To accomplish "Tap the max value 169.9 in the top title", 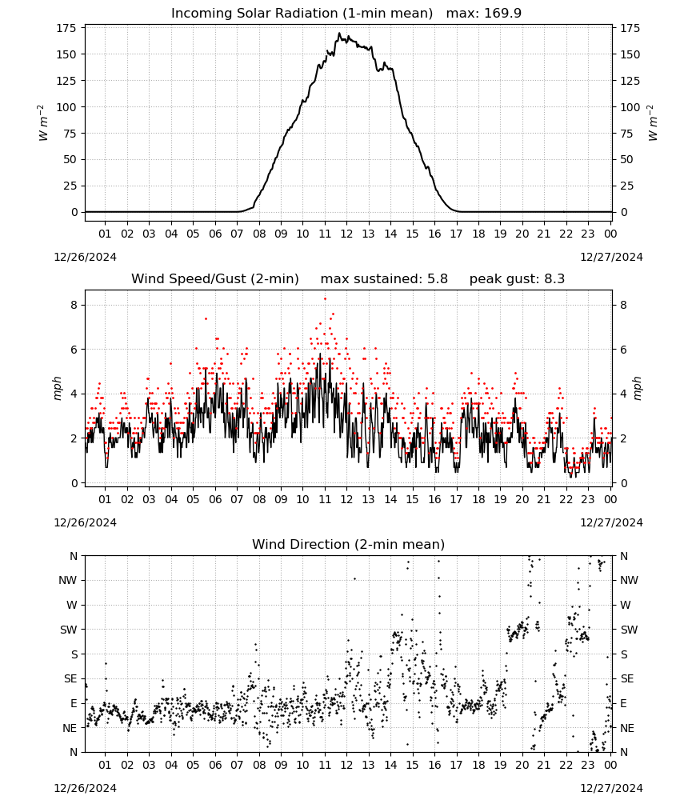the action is point(503,14).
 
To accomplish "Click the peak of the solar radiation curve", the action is point(339,33).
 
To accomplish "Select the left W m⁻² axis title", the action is point(43,122).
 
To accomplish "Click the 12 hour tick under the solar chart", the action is point(346,234).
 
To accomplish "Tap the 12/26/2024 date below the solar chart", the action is point(85,257).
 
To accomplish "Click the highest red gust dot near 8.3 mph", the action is point(325,299).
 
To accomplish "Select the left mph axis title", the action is point(58,388).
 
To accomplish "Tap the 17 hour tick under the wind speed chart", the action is point(456,499).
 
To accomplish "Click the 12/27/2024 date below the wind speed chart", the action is point(611,522).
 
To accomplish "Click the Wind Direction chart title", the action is point(349,544).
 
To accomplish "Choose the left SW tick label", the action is point(69,630).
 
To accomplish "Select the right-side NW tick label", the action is point(629,580).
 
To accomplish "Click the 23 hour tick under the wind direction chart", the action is point(588,765).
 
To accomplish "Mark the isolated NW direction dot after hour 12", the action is point(354,578).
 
